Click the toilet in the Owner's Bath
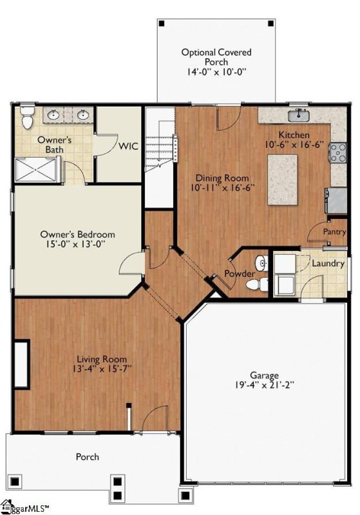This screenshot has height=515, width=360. click(x=27, y=117)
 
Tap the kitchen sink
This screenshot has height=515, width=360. click(x=299, y=115)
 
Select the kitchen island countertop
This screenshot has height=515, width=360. click(x=283, y=180)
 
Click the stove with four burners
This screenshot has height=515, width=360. click(x=338, y=153)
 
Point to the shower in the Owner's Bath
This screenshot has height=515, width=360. click(x=36, y=169)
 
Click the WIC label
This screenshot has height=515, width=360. click(x=128, y=146)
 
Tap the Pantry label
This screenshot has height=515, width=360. click(x=334, y=232)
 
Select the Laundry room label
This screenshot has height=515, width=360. click(x=328, y=263)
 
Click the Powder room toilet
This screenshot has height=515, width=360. click(x=257, y=284)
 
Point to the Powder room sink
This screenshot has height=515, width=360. click(x=261, y=263)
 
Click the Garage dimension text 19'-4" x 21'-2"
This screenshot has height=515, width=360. click(x=264, y=385)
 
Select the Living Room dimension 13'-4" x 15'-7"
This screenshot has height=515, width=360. click(x=102, y=368)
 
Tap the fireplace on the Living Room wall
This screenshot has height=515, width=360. click(x=22, y=364)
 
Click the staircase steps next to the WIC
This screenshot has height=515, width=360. click(x=160, y=144)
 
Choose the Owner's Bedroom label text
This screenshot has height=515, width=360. click(x=77, y=234)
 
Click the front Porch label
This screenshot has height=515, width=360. click(x=87, y=456)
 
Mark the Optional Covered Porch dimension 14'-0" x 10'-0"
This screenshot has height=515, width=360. click(x=216, y=71)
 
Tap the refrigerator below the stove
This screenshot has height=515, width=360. click(x=336, y=200)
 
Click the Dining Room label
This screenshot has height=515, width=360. click(x=222, y=178)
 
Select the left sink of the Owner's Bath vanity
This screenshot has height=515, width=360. click(x=53, y=115)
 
